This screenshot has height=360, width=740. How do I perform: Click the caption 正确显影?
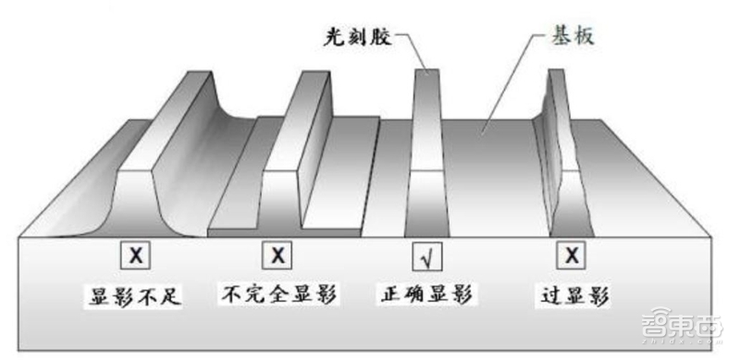pyautogui.click(x=426, y=295)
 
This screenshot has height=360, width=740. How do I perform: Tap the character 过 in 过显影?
pyautogui.click(x=551, y=295)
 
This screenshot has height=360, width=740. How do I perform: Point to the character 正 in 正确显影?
pyautogui.click(x=390, y=295)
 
